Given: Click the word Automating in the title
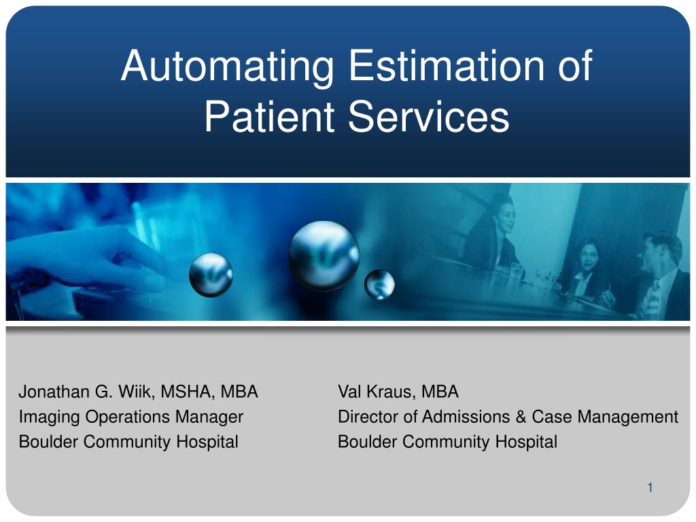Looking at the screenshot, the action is pyautogui.click(x=227, y=67).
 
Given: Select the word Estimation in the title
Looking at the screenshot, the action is pyautogui.click(x=447, y=65).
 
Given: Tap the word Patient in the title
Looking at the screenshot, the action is pyautogui.click(x=269, y=116).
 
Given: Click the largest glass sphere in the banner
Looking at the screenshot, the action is pyautogui.click(x=324, y=256).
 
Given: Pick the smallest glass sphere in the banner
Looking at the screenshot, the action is pyautogui.click(x=379, y=284).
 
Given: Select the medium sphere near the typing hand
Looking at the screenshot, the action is pyautogui.click(x=211, y=275).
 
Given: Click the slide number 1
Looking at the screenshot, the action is pyautogui.click(x=650, y=487).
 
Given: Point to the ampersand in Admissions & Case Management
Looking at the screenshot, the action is pyautogui.click(x=521, y=417).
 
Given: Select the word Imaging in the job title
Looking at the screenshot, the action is pyautogui.click(x=49, y=417).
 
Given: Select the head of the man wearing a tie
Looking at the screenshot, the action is pyautogui.click(x=658, y=253).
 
